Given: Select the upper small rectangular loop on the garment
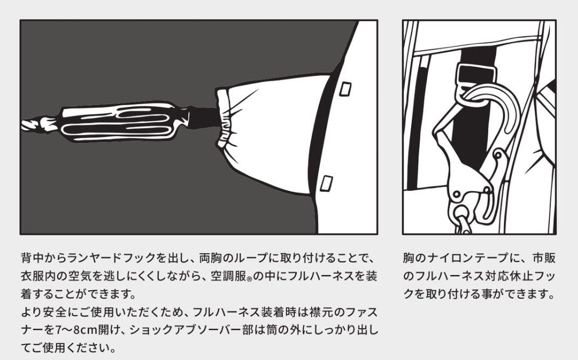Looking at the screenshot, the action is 345,89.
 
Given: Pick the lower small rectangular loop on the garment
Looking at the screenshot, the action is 326,183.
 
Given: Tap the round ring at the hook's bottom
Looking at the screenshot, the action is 460,213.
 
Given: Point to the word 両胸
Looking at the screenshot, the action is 211,257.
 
